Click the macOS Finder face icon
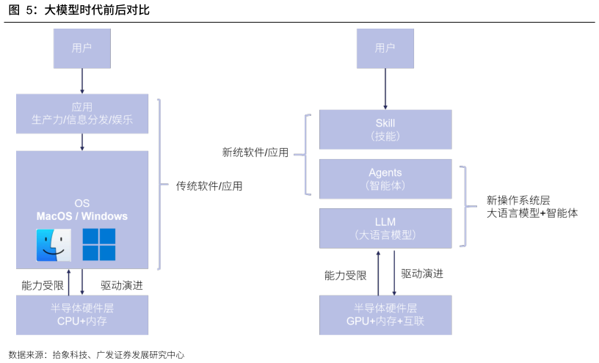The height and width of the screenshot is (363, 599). pos(54,245)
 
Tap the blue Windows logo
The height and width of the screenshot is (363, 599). pos(99,245)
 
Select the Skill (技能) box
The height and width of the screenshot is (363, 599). pos(385,129)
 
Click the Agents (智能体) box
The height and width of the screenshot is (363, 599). pos(385,179)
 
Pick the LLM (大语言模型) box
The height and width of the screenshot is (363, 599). pos(385,228)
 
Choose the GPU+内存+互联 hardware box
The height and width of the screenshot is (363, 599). pos(385,315)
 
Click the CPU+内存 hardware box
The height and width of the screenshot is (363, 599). pos(82,315)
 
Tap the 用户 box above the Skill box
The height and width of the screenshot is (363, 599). pos(385,48)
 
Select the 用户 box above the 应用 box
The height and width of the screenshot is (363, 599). pos(82,48)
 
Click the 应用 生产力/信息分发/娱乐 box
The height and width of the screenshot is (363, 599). pos(82,114)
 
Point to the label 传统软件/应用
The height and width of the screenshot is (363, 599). pos(209,186)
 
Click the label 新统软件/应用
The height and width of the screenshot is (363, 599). pos(255,153)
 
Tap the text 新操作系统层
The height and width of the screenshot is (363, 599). pos(518,200)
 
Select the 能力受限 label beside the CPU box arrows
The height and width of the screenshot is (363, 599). pos(43,285)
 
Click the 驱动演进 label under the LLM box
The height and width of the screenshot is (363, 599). pos(422,274)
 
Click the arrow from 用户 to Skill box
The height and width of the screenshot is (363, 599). pos(385,89)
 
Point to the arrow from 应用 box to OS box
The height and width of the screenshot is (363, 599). pos(82,142)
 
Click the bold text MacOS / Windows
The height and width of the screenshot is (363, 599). pos(82,216)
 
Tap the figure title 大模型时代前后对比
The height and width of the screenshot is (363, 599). pos(97,10)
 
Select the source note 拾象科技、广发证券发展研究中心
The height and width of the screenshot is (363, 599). pos(118,355)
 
